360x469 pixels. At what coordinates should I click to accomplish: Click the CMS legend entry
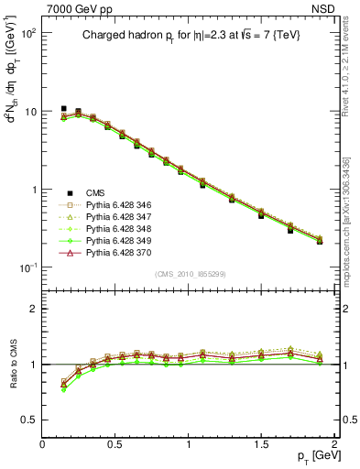94,192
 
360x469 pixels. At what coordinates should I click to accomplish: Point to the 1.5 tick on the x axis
262,444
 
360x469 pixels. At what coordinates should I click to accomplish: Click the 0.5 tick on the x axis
115,444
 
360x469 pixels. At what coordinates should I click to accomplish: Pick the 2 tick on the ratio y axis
33,309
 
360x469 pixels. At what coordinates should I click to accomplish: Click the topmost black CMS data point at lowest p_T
63,108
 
